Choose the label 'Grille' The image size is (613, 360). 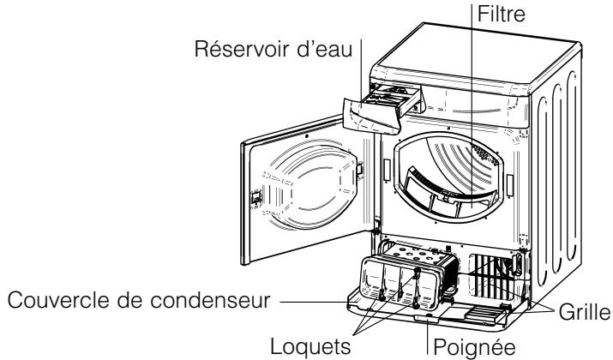click(x=583, y=314)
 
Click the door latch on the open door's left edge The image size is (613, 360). click(x=255, y=197)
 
